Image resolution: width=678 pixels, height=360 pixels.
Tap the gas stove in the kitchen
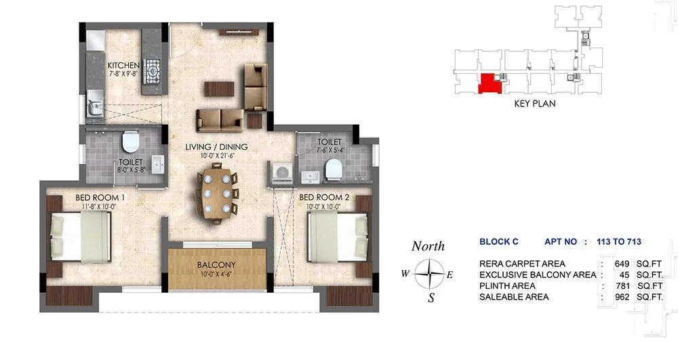click(x=153, y=69)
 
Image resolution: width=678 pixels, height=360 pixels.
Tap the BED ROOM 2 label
click(x=323, y=197)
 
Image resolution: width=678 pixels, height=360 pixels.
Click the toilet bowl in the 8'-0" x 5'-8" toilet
click(x=130, y=141)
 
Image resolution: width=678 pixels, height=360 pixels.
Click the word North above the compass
click(x=428, y=246)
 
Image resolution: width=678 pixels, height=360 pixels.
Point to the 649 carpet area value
click(x=622, y=264)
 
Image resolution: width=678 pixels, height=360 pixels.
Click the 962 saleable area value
click(x=622, y=297)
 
